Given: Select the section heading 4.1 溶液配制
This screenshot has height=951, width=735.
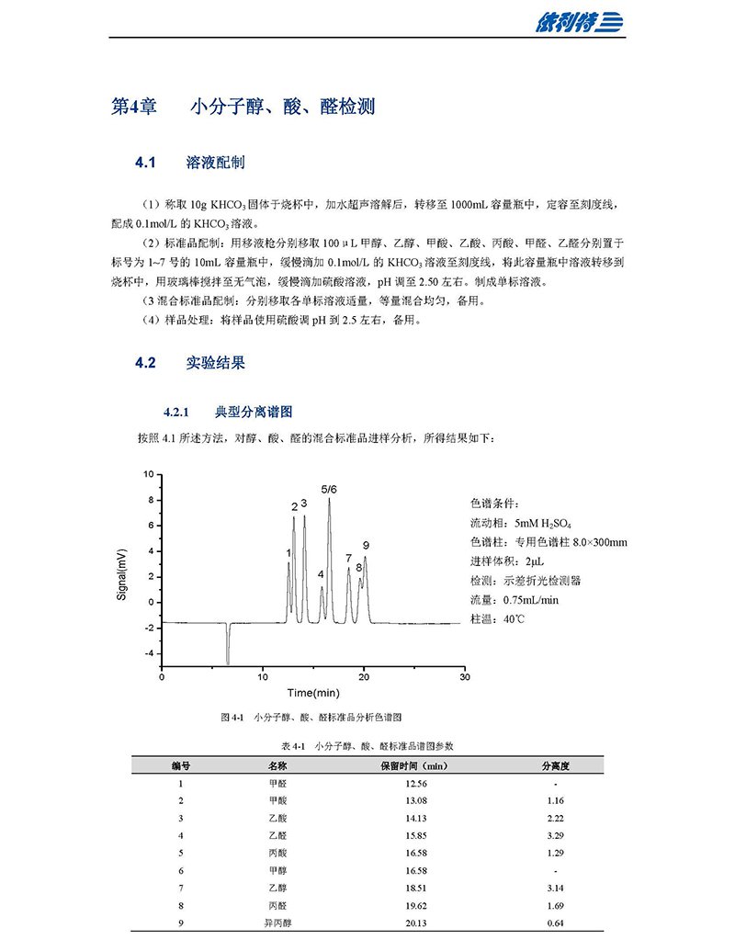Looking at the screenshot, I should (189, 163).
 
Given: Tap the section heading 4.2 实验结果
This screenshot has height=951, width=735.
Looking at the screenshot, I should (189, 362).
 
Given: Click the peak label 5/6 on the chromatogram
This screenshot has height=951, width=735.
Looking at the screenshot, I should (329, 489).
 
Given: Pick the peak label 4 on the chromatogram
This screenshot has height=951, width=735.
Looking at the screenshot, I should (321, 574).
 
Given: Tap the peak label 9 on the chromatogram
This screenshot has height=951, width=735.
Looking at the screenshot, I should (366, 545).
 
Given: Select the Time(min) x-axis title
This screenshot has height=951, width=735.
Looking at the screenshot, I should (313, 692).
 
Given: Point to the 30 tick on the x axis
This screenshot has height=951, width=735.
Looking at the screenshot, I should (464, 676).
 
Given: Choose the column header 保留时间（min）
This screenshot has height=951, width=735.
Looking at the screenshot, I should (413, 765).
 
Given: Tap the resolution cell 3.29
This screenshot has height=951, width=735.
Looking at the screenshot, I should (555, 835).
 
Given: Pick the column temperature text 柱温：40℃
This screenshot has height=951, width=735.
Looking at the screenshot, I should (497, 618).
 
